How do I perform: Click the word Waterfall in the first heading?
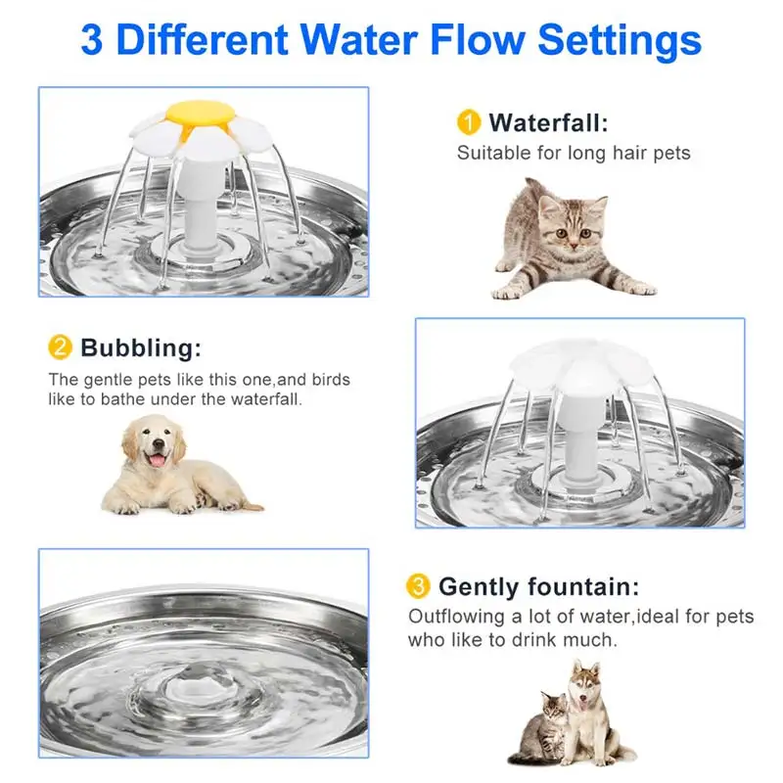tap(547, 122)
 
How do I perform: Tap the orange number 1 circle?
tap(469, 122)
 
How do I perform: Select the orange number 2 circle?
tap(60, 347)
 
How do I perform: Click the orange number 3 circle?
tap(418, 586)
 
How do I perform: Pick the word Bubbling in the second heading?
tap(140, 347)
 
